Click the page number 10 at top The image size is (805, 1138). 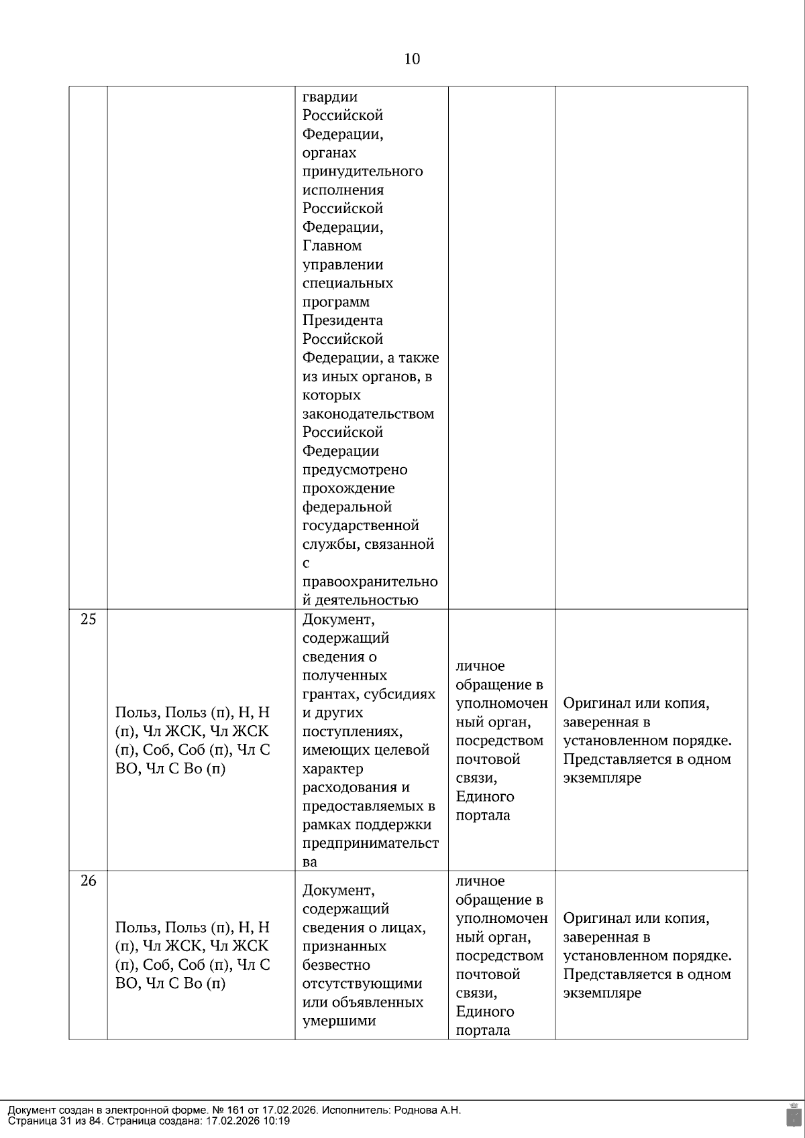click(412, 59)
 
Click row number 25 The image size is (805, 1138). click(88, 619)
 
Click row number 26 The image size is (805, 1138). click(88, 881)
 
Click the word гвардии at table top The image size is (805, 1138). click(329, 97)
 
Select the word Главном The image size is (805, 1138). click(332, 245)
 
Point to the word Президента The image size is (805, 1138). click(342, 320)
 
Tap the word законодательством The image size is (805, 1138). click(368, 414)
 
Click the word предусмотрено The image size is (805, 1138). click(355, 469)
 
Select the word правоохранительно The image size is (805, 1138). click(370, 581)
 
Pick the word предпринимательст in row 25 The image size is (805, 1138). click(370, 843)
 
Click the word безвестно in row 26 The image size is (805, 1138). click(336, 964)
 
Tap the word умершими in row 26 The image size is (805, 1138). click(339, 1021)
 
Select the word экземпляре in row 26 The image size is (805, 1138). click(602, 993)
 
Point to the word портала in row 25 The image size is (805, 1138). click(482, 815)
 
